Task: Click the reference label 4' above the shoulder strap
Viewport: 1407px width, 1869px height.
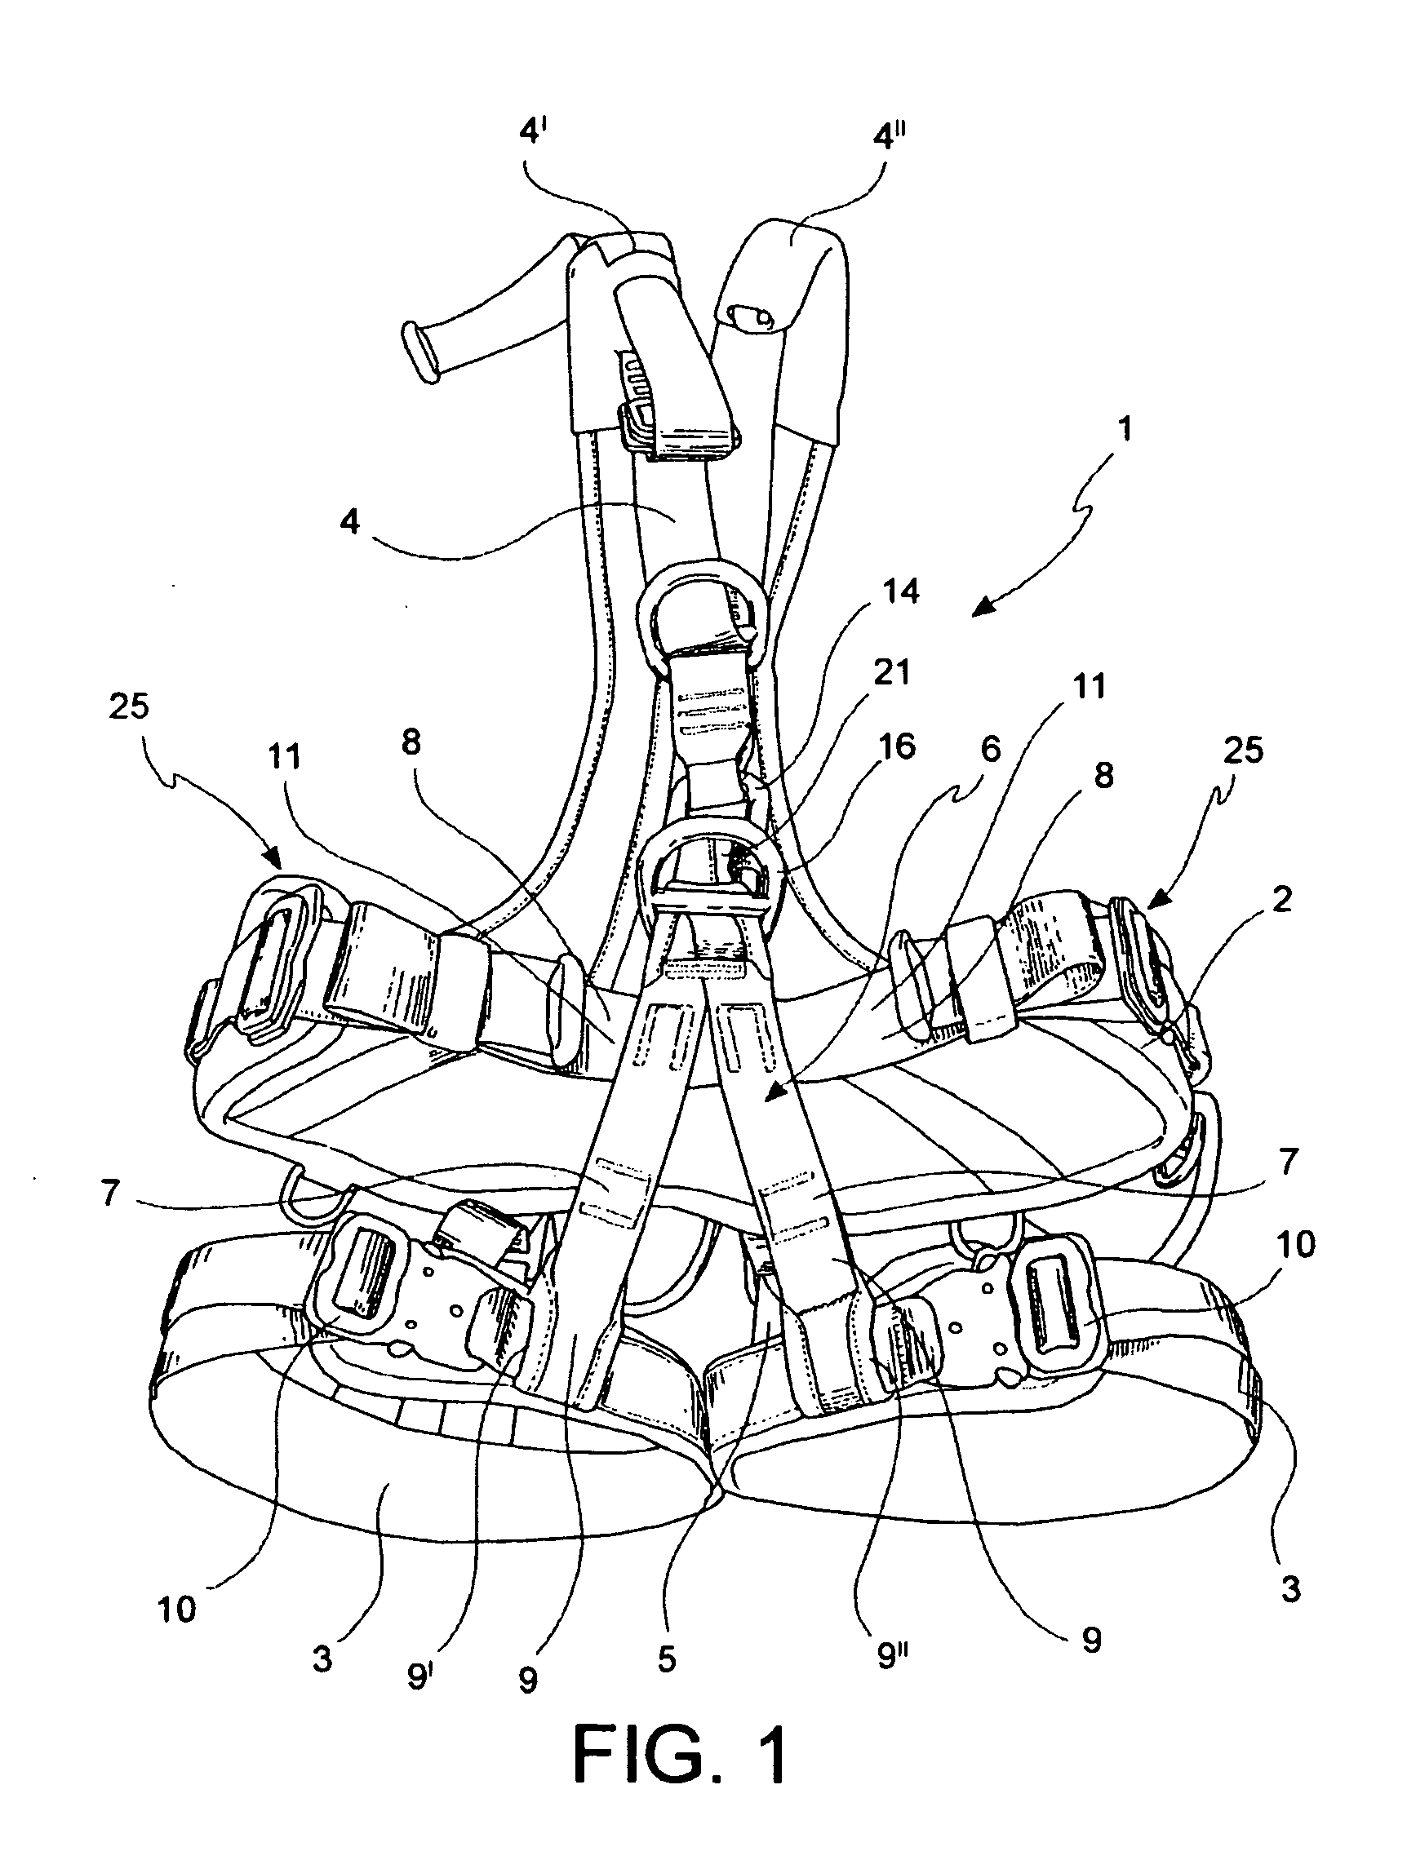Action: [533, 134]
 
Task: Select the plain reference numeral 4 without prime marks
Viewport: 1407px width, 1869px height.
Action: [350, 522]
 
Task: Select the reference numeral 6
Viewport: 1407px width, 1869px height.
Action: [991, 749]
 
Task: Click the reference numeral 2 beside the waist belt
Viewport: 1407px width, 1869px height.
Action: [1282, 901]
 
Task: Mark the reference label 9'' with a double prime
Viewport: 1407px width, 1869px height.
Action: [890, 1654]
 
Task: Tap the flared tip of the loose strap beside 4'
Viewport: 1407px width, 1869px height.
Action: [420, 353]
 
